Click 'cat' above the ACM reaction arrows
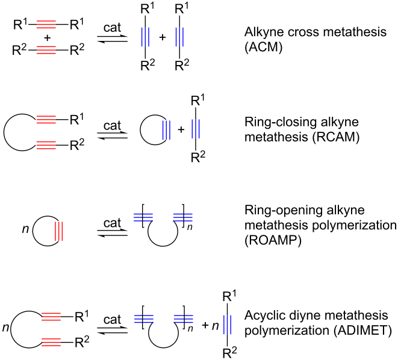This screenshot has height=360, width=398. tap(114, 28)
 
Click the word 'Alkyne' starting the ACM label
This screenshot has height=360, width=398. tap(266, 34)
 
